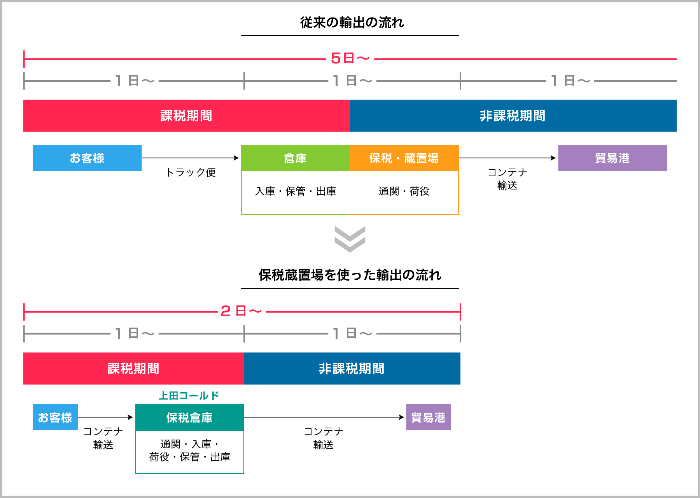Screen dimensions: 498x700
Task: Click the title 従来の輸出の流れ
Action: [352, 23]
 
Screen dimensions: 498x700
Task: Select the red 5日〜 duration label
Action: [350, 59]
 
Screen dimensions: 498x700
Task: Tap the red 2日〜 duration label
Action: [241, 311]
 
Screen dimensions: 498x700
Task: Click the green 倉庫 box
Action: [295, 158]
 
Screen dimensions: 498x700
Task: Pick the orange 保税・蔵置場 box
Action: [404, 158]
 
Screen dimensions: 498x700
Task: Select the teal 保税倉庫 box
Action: [189, 417]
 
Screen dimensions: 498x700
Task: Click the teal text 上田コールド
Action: [189, 396]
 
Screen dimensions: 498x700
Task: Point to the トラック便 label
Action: [191, 172]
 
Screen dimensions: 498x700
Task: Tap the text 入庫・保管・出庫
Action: [295, 191]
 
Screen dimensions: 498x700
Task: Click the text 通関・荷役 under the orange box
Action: [404, 191]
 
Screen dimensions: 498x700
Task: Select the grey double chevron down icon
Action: [350, 239]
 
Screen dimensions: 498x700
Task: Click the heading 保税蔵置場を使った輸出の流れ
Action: [350, 275]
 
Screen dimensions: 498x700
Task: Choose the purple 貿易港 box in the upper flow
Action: [612, 158]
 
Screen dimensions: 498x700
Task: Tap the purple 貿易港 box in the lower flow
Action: [428, 417]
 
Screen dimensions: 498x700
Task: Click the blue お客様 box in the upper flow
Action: [87, 158]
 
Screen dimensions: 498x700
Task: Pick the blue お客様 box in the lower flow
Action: [55, 417]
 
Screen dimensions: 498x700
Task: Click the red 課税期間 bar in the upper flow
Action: [186, 116]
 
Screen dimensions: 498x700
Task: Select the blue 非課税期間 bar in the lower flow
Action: [352, 368]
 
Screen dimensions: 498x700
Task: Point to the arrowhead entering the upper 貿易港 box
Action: [553, 158]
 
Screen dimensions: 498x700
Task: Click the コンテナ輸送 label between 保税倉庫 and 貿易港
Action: [323, 438]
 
